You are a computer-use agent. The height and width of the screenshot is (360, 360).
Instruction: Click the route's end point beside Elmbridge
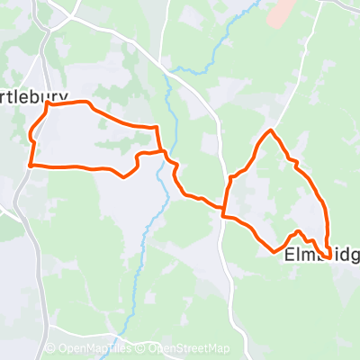[329, 252]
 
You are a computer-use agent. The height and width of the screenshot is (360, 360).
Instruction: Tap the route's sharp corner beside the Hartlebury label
[47, 104]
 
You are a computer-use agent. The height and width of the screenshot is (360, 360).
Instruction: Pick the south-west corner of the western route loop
[31, 166]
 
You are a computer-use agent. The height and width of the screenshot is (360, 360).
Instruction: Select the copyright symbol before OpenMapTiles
[50, 349]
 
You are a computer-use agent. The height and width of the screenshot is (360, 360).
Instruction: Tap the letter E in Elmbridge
[289, 256]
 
